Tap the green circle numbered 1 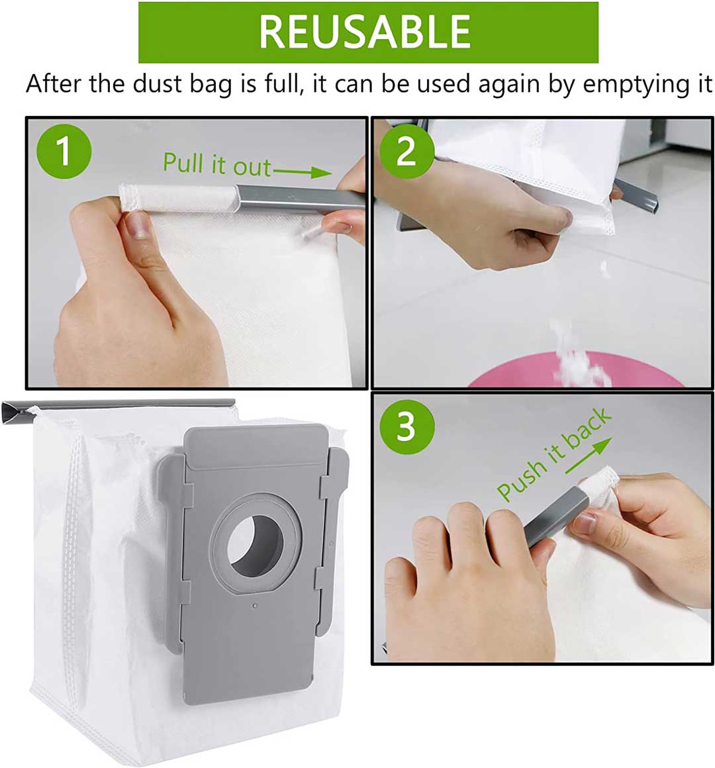(64, 151)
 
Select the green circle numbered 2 (406, 151)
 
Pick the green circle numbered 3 (406, 426)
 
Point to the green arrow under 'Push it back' (588, 456)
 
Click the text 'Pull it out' (216, 164)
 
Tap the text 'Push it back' (554, 454)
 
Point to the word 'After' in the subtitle (54, 83)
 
